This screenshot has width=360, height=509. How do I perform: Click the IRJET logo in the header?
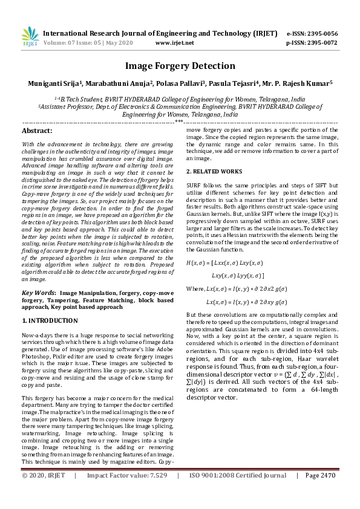pyautogui.click(x=30, y=36)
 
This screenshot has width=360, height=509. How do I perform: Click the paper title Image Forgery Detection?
pyautogui.click(x=180, y=66)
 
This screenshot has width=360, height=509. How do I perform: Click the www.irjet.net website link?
pyautogui.click(x=174, y=43)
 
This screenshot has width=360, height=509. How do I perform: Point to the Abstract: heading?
pyautogui.click(x=37, y=131)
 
